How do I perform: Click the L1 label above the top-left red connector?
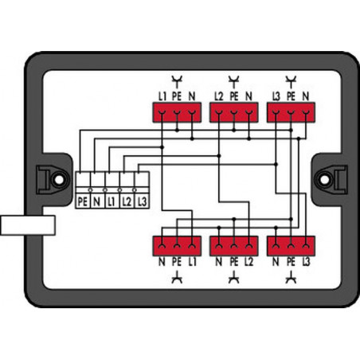(x=162, y=96)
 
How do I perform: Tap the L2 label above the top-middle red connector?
(x=219, y=96)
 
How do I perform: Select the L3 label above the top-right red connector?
(x=276, y=96)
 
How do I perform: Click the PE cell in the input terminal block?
(x=83, y=202)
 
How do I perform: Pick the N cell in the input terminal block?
(x=97, y=202)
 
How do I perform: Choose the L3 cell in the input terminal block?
(x=142, y=202)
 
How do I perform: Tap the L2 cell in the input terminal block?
(x=127, y=202)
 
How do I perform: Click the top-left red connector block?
(x=177, y=112)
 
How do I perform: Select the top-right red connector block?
(x=291, y=112)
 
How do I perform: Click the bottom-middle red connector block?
(x=233, y=246)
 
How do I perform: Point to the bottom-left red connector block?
(x=177, y=246)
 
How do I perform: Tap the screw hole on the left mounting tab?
(x=59, y=180)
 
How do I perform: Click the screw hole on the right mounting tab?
(x=324, y=180)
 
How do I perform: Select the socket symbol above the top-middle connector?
(x=233, y=81)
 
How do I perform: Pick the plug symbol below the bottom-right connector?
(x=291, y=278)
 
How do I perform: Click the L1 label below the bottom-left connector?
(x=193, y=262)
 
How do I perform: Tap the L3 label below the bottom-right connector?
(x=306, y=262)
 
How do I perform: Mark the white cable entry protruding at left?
(x=28, y=225)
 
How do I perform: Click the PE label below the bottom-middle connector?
(x=233, y=262)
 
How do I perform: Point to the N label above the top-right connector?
(x=306, y=96)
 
